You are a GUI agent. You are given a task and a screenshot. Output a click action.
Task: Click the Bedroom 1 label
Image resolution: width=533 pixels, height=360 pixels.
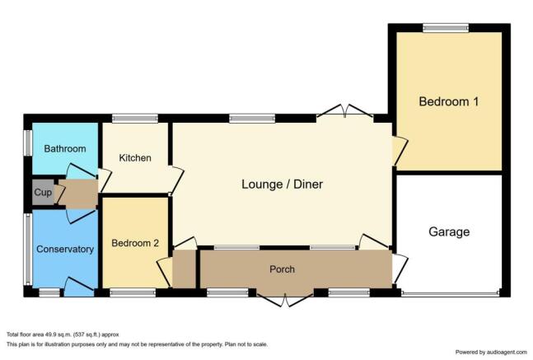(448, 102)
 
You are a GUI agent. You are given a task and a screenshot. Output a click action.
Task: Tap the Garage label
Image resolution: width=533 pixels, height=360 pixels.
(448, 232)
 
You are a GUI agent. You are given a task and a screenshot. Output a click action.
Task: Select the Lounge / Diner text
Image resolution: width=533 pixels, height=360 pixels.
(281, 184)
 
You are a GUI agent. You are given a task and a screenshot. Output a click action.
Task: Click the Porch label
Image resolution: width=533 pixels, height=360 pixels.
(282, 269)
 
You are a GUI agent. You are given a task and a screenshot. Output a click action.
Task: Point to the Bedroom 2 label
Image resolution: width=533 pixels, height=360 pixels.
(135, 243)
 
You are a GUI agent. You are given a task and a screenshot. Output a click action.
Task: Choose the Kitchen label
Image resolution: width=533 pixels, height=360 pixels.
(135, 157)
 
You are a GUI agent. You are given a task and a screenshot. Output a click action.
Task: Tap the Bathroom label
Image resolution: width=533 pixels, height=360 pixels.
(65, 149)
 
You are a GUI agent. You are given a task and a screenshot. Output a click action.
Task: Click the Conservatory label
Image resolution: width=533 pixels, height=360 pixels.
(65, 250)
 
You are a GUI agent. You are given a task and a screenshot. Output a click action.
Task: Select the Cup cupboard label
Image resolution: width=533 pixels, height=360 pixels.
(42, 192)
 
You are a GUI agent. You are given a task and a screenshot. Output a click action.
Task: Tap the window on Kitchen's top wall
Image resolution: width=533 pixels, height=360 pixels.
(135, 119)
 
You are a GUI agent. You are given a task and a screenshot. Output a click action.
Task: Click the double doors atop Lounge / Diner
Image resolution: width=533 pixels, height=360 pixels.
(345, 112)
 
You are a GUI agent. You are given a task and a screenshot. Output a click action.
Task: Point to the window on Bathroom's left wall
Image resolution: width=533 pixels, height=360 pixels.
(27, 143)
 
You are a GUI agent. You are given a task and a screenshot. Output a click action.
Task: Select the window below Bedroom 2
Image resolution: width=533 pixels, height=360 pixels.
(133, 292)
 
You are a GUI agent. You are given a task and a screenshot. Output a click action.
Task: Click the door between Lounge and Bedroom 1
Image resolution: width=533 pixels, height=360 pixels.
(398, 151)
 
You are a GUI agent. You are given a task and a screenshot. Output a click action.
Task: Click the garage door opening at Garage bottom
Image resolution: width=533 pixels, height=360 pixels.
(450, 292)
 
